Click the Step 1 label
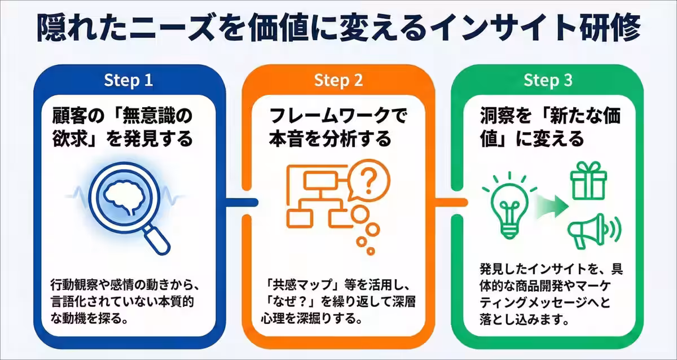pos(129,80)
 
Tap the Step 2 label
pos(338,80)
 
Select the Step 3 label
pos(548,80)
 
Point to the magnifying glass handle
pos(156,240)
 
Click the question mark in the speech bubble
pos(369,181)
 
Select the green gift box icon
pos(588,181)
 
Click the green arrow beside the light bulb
pos(551,206)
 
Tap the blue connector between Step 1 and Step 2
pos(242,202)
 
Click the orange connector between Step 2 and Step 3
pos(451,202)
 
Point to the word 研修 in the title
pos(610,28)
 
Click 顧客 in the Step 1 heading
pos(69,116)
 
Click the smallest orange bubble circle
pos(371,251)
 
